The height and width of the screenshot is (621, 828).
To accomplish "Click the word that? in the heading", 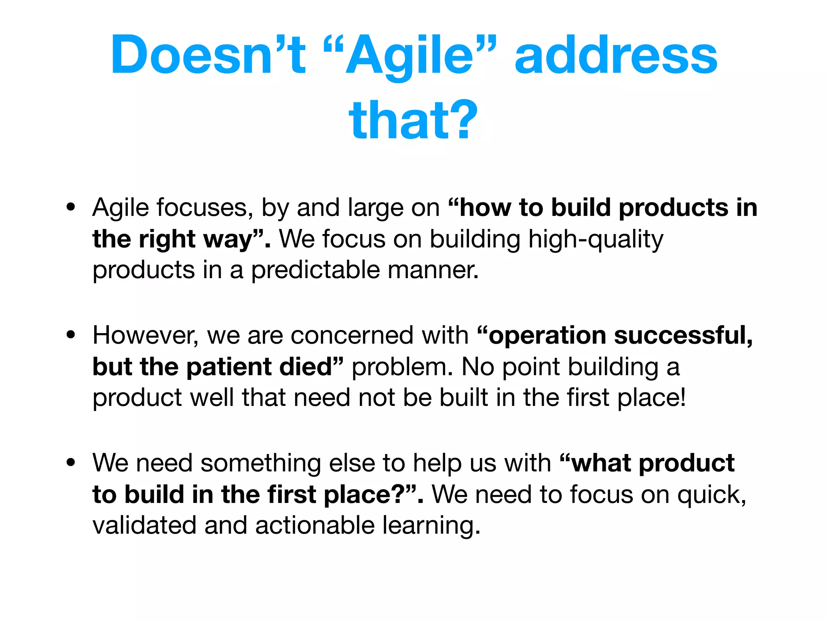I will (413, 120).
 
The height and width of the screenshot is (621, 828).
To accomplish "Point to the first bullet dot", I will (71, 207).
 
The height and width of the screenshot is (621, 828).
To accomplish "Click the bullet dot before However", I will (71, 335).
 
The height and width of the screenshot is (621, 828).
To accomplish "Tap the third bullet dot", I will (71, 463).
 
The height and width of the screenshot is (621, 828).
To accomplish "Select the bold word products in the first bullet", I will (673, 208).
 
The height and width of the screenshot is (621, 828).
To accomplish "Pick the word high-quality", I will (596, 239).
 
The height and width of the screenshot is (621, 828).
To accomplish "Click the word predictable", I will (315, 270).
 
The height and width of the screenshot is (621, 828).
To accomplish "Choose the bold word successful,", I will (683, 335).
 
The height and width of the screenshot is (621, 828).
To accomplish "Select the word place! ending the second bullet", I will (652, 398).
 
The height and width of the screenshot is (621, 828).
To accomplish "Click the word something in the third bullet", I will (260, 463).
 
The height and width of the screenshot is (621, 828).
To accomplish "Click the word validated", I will (144, 525).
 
